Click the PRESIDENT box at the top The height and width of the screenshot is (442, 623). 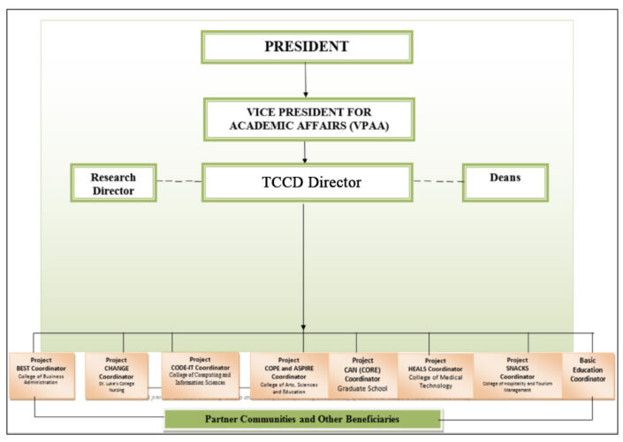coord(307,47)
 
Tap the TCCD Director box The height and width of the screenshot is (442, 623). coord(307,182)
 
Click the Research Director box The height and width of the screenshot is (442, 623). coord(113,182)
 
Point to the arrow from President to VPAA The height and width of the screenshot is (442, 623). coord(306,80)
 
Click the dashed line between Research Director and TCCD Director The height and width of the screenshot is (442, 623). coord(179,182)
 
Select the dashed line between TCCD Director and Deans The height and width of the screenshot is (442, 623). coord(438,182)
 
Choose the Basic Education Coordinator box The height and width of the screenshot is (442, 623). coord(589,375)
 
